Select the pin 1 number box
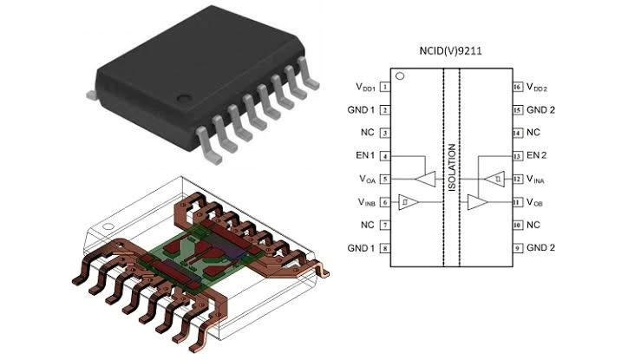point(384,88)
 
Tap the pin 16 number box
point(517,88)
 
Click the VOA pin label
point(366,180)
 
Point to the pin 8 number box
point(384,248)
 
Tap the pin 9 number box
point(517,248)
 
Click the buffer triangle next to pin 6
point(408,202)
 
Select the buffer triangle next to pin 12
point(494,180)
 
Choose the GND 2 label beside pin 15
point(540,110)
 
